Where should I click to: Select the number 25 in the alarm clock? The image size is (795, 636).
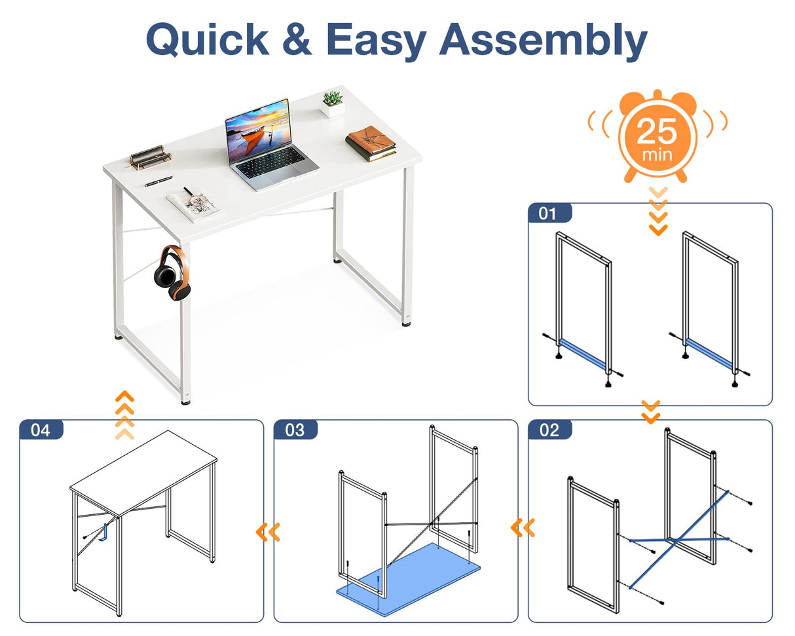657,132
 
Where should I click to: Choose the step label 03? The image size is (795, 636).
295,430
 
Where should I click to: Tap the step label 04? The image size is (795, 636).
41,430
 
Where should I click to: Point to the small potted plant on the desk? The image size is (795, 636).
333,103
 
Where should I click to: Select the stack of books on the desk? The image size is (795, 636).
371,143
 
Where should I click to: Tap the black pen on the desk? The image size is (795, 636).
159,181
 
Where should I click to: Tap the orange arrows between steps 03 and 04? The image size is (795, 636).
268,532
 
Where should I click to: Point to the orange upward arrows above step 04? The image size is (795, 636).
124,415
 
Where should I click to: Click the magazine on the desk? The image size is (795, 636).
194,204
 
